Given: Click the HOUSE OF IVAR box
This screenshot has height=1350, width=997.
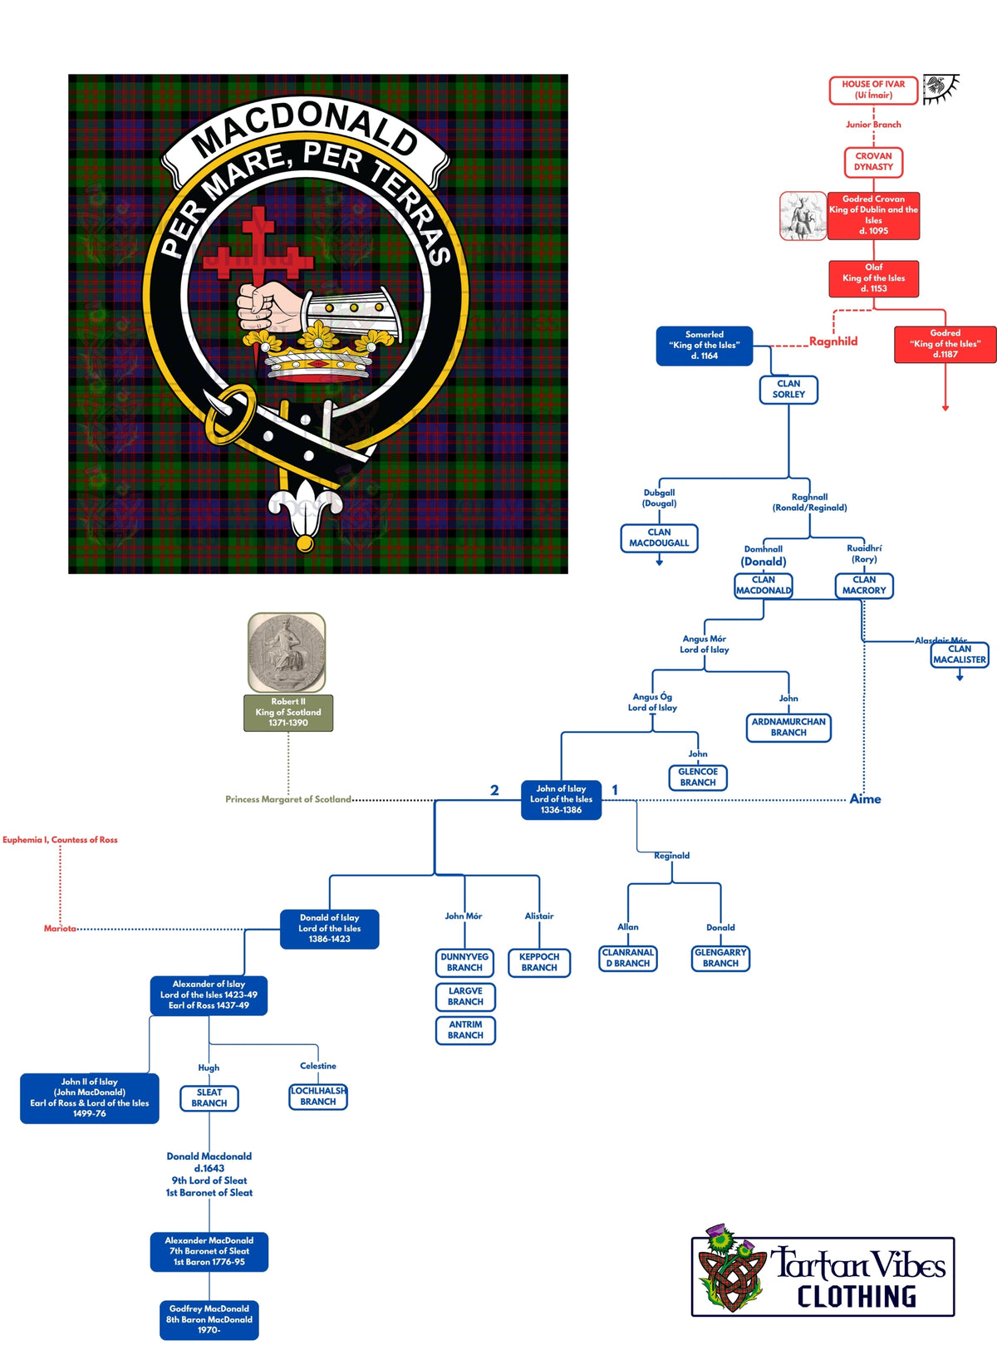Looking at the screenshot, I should (x=873, y=90).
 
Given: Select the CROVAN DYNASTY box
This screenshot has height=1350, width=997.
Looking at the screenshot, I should (x=873, y=161).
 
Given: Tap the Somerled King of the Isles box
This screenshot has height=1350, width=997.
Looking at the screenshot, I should (x=704, y=346).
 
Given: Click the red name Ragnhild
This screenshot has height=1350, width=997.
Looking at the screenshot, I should (x=833, y=341).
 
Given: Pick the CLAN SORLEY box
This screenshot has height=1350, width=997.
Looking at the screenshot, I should (x=788, y=390).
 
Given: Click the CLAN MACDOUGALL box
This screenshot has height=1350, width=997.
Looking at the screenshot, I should (x=659, y=538).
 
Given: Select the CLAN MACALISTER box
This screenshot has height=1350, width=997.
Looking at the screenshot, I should (x=960, y=655).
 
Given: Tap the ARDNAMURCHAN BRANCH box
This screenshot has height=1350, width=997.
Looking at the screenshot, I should (x=788, y=728).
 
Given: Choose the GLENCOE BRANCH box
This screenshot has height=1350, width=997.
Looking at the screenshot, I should (x=698, y=778).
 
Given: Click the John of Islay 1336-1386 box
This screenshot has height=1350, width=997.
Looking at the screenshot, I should (x=561, y=799).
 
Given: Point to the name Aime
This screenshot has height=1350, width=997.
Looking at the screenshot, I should (x=865, y=799).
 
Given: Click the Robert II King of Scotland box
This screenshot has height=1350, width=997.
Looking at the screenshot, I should (x=288, y=713).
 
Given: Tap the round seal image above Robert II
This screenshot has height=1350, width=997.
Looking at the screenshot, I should (x=287, y=653).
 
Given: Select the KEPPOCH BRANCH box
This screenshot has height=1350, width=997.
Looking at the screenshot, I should (x=539, y=963).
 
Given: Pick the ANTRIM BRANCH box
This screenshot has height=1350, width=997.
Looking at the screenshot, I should (x=465, y=1030).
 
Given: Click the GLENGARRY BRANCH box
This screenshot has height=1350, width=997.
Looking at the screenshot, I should (x=720, y=958).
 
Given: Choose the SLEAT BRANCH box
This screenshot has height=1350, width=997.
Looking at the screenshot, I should (x=209, y=1098).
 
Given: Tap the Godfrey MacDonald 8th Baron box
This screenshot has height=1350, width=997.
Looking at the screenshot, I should (x=209, y=1319).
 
